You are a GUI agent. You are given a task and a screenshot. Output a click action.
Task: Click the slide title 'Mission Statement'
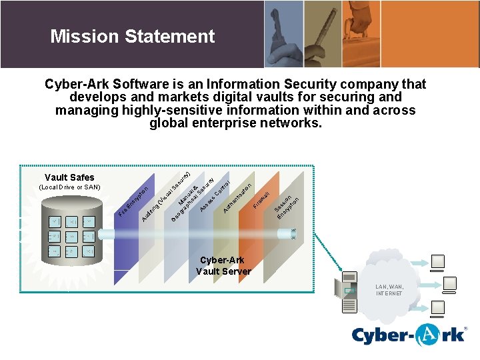coord(132,36)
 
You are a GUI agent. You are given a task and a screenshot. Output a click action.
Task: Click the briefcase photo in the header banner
coord(440,33)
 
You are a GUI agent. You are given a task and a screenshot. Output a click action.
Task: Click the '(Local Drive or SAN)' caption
coord(69,187)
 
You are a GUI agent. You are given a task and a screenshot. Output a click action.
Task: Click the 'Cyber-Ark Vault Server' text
coord(223,265)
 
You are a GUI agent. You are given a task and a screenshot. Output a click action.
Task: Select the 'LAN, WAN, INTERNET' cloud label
coord(389,290)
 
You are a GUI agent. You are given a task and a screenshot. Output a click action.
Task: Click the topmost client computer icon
coord(439,263)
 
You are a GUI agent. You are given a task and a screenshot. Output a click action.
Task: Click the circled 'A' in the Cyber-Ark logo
coord(425,335)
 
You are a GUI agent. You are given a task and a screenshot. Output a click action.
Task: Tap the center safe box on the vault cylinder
coord(71,236)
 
